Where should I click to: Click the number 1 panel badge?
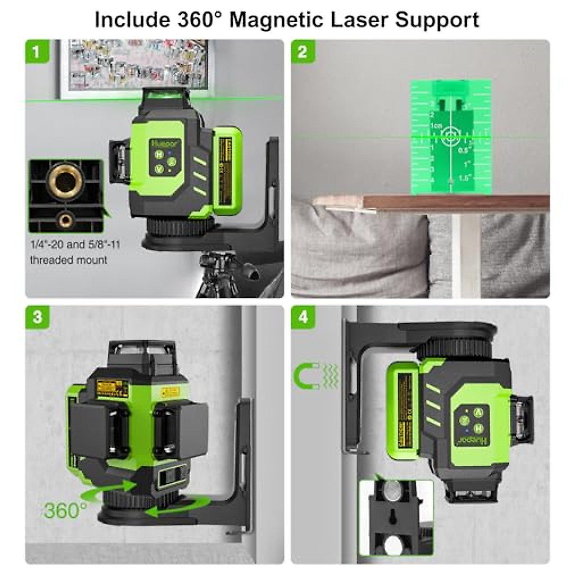[x=36, y=51]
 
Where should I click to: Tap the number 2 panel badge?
[x=302, y=51]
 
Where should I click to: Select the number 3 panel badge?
[x=37, y=317]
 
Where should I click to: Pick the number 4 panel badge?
[x=303, y=317]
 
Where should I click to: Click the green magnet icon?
[x=303, y=376]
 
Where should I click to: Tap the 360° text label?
[x=65, y=510]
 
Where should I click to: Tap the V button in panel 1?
[x=159, y=169]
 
